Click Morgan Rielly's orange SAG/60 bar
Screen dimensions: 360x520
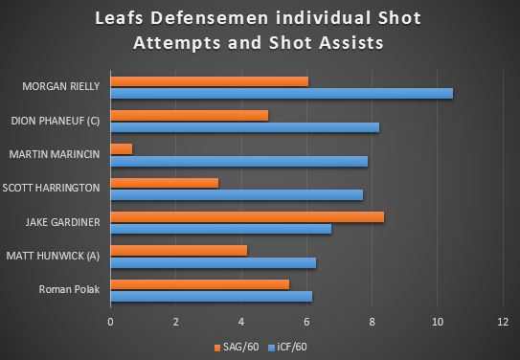pyautogui.click(x=210, y=81)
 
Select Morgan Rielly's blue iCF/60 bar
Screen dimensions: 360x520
pyautogui.click(x=282, y=93)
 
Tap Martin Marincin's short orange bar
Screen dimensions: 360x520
pyautogui.click(x=122, y=148)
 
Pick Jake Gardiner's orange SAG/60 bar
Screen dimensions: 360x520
pyautogui.click(x=247, y=216)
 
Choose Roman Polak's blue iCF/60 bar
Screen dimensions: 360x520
pyautogui.click(x=212, y=296)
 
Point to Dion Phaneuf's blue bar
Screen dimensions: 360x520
pyautogui.click(x=245, y=126)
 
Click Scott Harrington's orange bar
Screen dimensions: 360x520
pyautogui.click(x=165, y=182)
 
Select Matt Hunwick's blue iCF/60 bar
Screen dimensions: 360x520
pyautogui.click(x=214, y=262)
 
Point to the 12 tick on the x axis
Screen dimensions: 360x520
pyautogui.click(x=503, y=321)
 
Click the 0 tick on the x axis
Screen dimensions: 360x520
pyautogui.click(x=111, y=321)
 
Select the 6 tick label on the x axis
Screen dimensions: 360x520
pyautogui.click(x=307, y=321)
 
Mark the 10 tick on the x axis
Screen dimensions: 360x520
pyautogui.click(x=438, y=321)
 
